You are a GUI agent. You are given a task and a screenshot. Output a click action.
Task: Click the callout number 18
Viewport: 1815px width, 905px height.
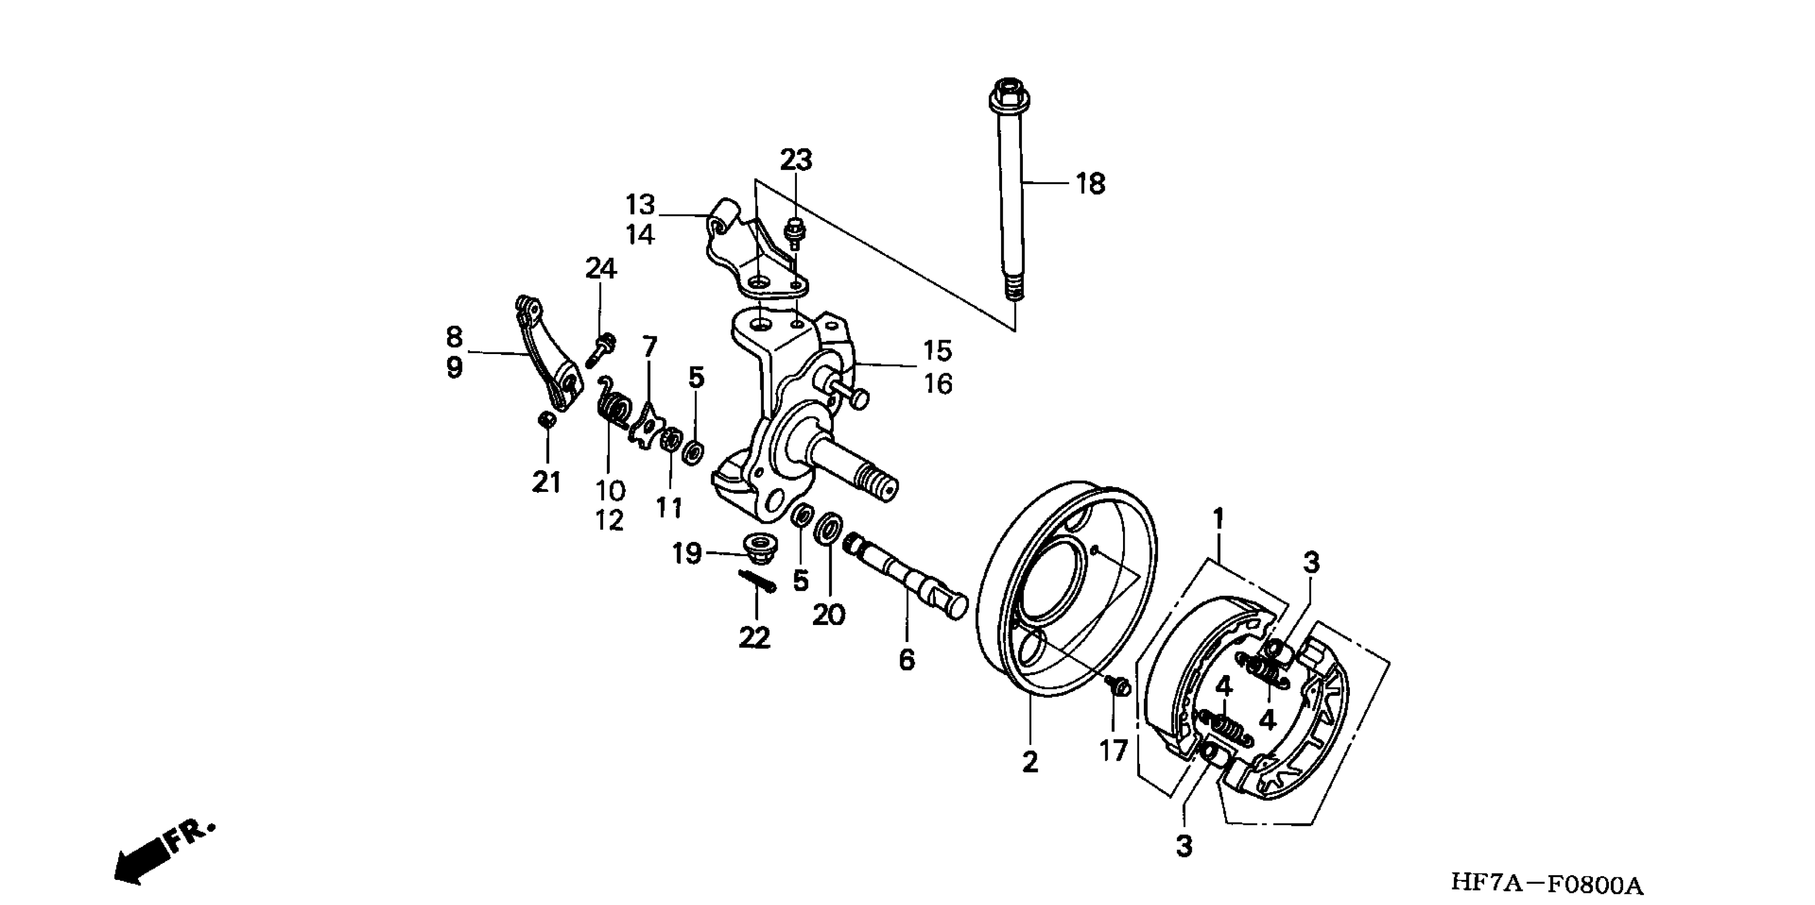pyautogui.click(x=1090, y=185)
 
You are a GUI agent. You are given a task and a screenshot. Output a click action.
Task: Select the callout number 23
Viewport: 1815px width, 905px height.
pyautogui.click(x=795, y=161)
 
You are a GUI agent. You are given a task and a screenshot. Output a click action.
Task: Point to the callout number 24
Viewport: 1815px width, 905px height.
pyautogui.click(x=601, y=268)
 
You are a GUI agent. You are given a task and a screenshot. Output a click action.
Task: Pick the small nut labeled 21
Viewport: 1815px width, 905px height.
pyautogui.click(x=546, y=419)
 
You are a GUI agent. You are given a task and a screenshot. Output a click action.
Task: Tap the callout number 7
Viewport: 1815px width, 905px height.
pyautogui.click(x=649, y=347)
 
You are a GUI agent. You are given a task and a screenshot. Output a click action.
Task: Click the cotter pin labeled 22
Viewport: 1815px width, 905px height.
pyautogui.click(x=756, y=580)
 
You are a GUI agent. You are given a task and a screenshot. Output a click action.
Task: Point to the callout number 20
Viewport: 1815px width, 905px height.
pyautogui.click(x=828, y=615)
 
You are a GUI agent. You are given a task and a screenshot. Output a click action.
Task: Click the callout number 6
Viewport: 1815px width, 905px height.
pyautogui.click(x=907, y=660)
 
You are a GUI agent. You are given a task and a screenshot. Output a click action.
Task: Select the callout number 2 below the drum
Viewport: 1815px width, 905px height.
pyautogui.click(x=1030, y=761)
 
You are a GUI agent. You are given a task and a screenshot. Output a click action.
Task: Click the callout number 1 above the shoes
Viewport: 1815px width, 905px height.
pyautogui.click(x=1217, y=519)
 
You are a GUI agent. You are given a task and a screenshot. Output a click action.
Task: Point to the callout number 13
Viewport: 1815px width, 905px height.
pyautogui.click(x=640, y=205)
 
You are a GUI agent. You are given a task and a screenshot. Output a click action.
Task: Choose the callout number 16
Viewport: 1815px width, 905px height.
pyautogui.click(x=938, y=384)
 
